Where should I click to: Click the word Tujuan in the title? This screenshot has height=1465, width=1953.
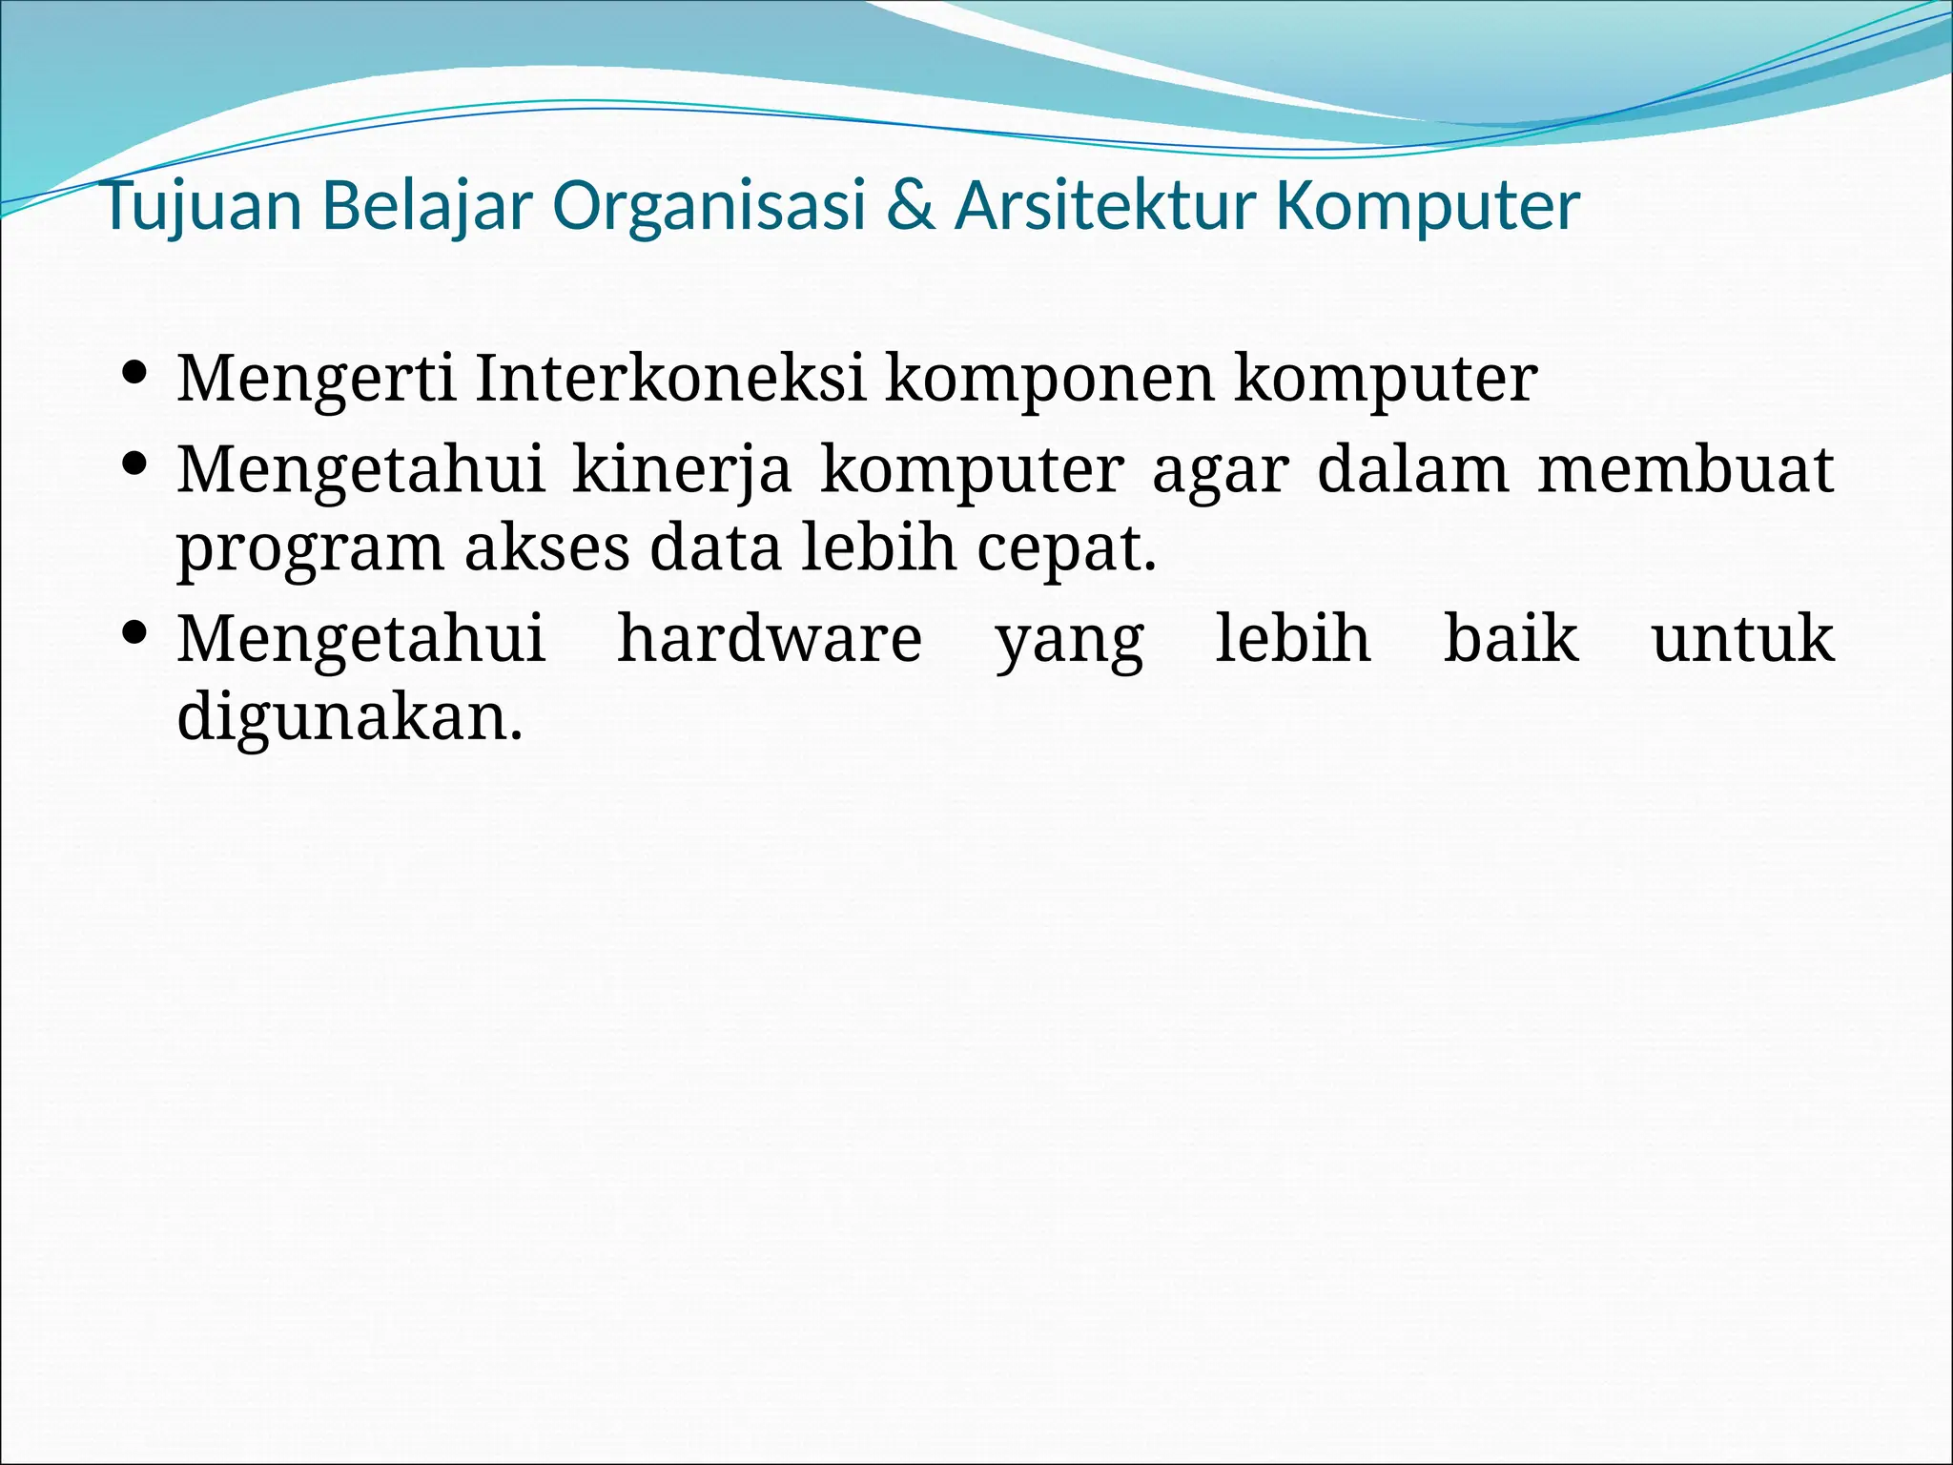pos(201,206)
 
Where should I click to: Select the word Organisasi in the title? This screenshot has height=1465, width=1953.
pos(709,206)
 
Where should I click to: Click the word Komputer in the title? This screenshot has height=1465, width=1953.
pos(1429,206)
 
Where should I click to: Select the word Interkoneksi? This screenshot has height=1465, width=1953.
pos(670,378)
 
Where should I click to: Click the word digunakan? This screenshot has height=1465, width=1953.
pos(350,717)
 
